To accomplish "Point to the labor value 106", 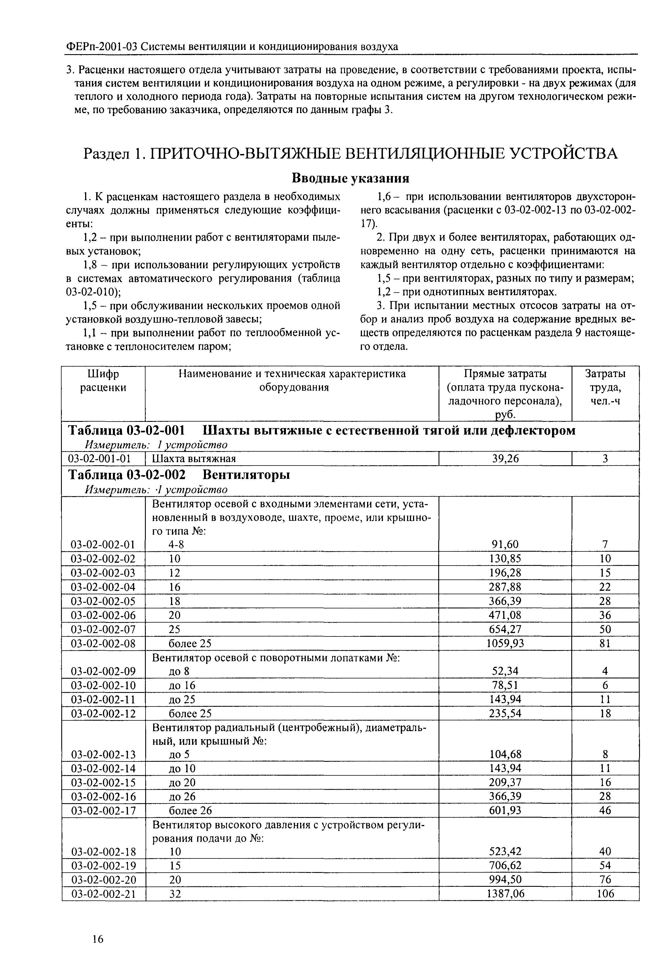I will tap(605, 894).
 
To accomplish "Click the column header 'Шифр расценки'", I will tap(103, 380).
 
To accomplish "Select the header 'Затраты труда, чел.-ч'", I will tap(605, 387).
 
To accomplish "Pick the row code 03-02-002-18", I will tap(103, 851).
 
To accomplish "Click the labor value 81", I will tap(605, 643).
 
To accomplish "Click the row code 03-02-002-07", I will tap(103, 629).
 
